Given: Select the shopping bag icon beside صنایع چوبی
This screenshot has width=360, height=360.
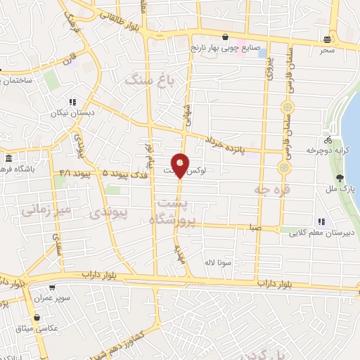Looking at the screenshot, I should pos(224,37).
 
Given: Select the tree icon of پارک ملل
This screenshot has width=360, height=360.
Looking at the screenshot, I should pos(339,179).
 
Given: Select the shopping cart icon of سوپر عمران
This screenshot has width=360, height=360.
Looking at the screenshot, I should pos(51,288).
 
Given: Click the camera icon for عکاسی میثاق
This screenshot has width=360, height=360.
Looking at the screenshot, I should pos(36,316).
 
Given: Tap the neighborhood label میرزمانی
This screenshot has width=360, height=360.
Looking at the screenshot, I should pos(46,209).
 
